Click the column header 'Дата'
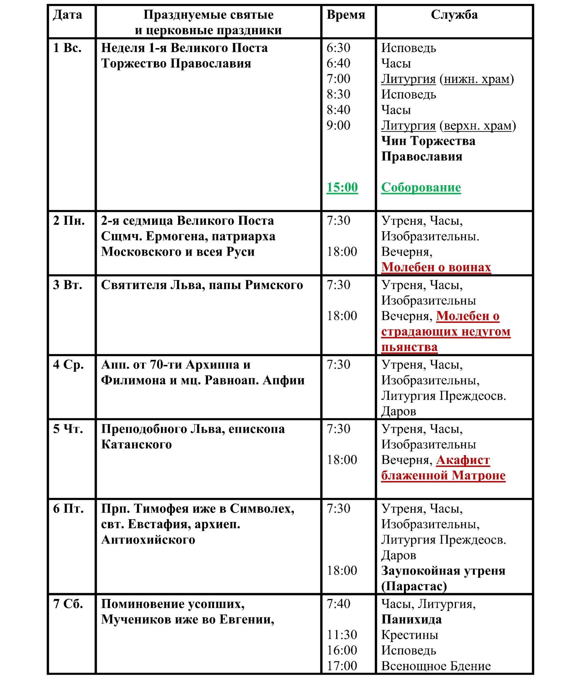point(68,15)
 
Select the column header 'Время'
point(346,15)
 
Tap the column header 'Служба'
point(454,15)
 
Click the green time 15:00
point(342,188)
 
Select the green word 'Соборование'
point(421,188)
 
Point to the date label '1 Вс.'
point(68,48)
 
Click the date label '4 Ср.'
point(68,365)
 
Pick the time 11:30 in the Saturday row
point(342,635)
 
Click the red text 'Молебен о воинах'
point(436,267)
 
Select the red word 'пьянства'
point(409,347)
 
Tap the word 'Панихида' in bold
point(411,619)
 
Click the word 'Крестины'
point(410,635)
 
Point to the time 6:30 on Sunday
point(338,48)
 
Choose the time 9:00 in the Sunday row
point(338,126)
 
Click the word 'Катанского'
point(136,445)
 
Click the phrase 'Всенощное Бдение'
point(436,666)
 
